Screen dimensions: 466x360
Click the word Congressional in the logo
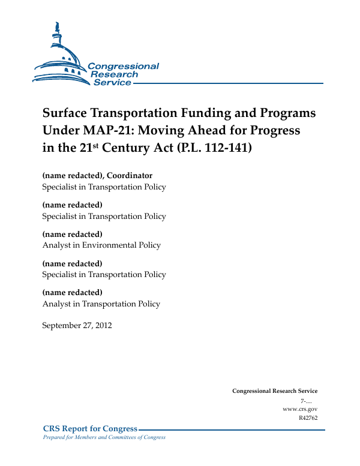123,66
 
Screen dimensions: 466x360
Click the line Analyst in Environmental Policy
101,245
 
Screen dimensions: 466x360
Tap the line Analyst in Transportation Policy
101,303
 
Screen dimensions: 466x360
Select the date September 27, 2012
77,326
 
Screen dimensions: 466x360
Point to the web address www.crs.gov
299,408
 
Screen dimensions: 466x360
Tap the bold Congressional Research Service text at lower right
274,391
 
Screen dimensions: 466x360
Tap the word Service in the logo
112,82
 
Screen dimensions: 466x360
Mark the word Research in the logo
115,74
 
